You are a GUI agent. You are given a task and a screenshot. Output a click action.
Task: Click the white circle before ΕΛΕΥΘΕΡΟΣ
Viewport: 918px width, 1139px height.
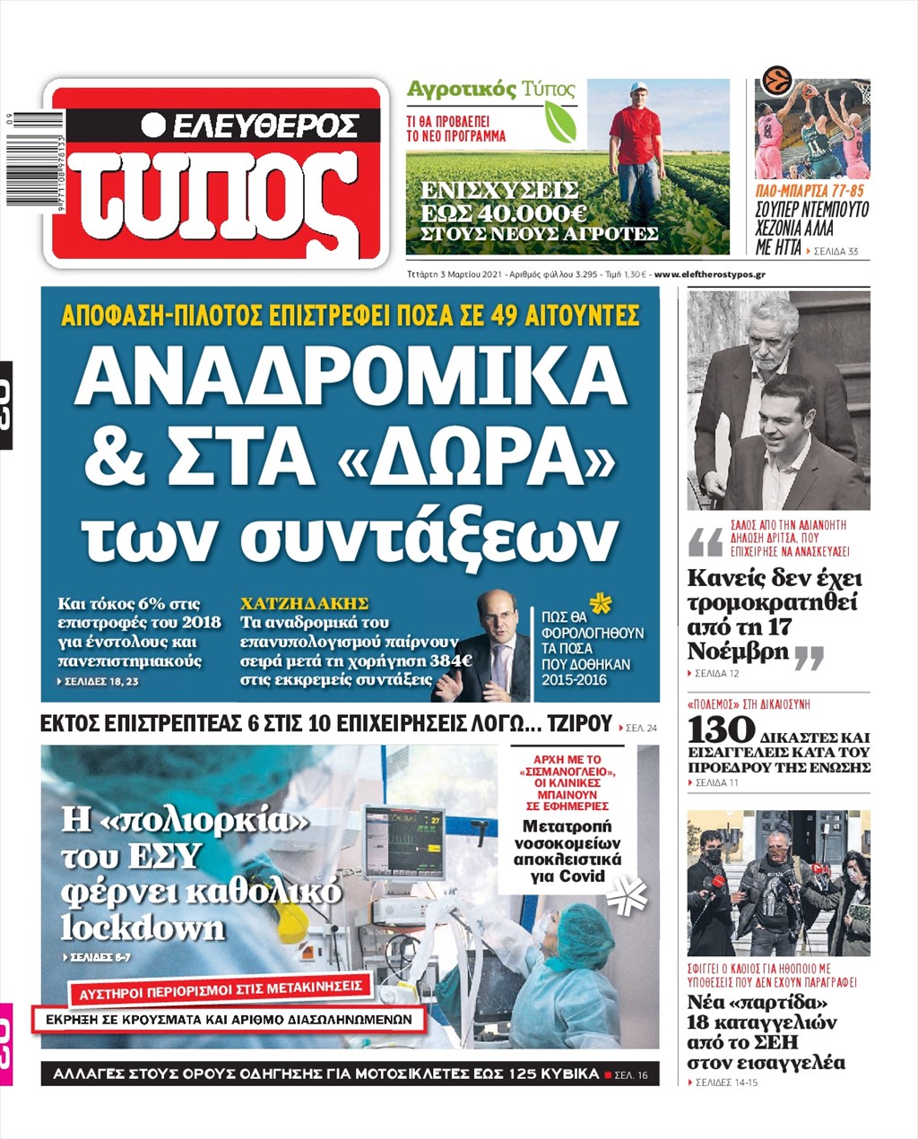tap(154, 125)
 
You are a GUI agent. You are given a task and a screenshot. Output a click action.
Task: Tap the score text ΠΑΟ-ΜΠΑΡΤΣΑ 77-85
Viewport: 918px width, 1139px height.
tap(810, 191)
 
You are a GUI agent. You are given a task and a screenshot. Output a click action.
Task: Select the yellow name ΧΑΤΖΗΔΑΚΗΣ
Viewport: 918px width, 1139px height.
tap(305, 604)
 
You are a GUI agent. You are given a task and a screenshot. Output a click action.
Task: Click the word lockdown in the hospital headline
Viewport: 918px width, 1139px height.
tap(143, 927)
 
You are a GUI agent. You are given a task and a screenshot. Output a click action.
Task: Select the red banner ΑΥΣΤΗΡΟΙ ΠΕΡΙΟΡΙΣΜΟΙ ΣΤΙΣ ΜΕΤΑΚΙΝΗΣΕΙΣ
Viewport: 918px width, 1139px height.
tap(221, 991)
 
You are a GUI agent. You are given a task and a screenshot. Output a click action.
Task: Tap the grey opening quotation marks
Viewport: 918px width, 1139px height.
tap(705, 542)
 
